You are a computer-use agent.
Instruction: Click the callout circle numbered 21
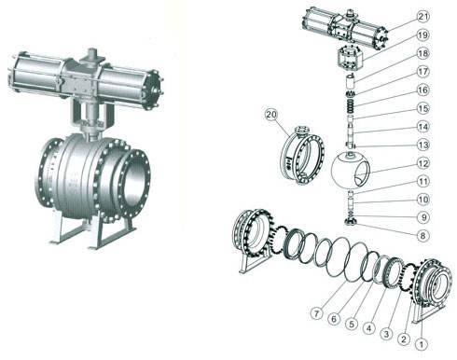[422, 17]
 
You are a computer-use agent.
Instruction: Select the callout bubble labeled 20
[271, 115]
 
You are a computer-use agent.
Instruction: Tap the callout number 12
[422, 163]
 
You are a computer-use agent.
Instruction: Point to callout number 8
[422, 236]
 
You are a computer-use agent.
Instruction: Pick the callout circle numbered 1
[422, 344]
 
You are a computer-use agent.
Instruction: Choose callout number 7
[316, 313]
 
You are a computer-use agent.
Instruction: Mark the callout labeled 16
[422, 90]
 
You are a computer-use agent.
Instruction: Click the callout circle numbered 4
[369, 328]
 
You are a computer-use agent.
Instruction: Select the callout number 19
[422, 35]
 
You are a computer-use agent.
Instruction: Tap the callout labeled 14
[422, 127]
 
